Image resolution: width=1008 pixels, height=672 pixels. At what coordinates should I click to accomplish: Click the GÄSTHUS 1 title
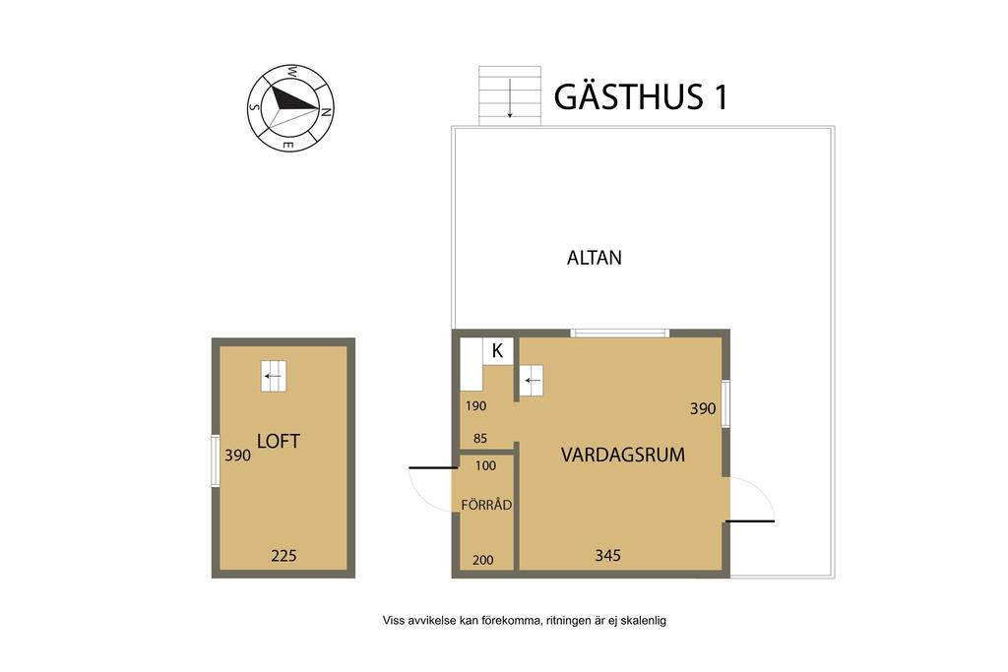[641, 96]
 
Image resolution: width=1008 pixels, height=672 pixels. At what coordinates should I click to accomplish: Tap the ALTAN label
[594, 258]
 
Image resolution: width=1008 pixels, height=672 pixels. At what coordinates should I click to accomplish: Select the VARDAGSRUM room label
[623, 455]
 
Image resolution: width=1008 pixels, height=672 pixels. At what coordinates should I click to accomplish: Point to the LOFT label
[279, 442]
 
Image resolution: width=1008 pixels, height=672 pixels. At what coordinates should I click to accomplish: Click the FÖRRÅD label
[486, 505]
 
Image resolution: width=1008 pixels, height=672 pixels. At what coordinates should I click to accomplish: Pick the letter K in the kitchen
[497, 351]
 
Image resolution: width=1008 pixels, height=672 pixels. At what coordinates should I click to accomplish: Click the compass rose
[290, 108]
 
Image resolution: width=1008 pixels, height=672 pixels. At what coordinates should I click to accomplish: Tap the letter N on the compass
[326, 112]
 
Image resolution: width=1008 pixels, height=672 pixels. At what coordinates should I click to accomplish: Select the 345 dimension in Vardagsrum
[607, 555]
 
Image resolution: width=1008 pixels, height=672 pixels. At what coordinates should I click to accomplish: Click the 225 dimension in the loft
[283, 556]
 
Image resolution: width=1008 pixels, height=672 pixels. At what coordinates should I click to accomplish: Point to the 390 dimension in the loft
[237, 456]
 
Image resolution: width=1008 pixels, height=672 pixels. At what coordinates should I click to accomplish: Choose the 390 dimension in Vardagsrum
[703, 408]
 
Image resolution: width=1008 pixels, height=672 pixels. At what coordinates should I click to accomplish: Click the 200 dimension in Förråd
[482, 560]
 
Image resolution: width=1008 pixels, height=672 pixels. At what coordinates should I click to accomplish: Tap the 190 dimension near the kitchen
[475, 406]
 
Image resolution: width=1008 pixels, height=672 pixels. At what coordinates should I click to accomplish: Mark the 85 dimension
[480, 439]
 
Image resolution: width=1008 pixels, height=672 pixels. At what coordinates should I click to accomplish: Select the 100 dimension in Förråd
[485, 465]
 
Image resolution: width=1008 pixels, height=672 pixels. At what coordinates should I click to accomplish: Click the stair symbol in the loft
[274, 376]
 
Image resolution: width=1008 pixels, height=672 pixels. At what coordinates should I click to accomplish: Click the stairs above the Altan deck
[510, 95]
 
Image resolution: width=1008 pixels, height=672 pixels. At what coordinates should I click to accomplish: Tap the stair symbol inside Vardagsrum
[532, 381]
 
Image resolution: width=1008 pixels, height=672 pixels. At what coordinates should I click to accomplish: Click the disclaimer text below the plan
[525, 621]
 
